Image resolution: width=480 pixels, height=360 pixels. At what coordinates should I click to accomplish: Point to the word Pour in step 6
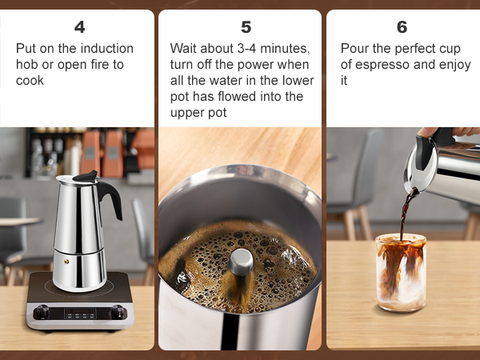pyautogui.click(x=354, y=48)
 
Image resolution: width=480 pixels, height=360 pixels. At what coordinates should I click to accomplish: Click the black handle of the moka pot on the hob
pyautogui.click(x=110, y=198)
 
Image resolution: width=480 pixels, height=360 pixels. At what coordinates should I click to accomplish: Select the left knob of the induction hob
pyautogui.click(x=43, y=312)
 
